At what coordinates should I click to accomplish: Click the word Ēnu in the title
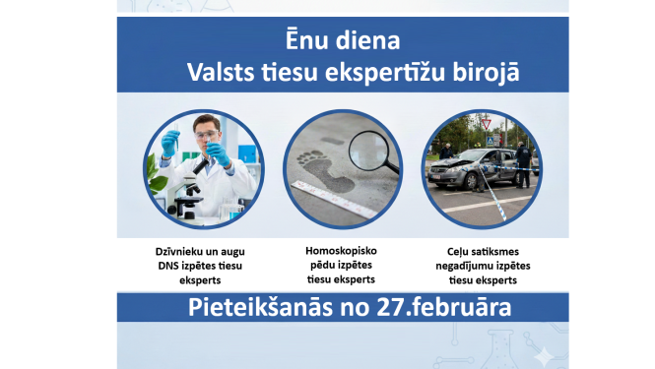pos(298,44)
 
